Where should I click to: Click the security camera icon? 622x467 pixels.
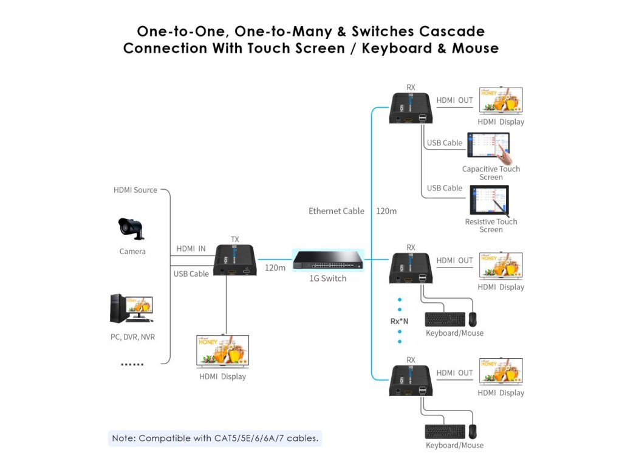tap(131, 229)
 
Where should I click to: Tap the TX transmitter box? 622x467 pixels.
tap(235, 260)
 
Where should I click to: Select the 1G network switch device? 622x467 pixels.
tap(328, 260)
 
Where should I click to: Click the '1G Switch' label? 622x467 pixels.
tap(328, 278)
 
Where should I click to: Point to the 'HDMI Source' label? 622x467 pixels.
tap(135, 190)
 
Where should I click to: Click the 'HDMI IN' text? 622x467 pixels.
tap(191, 249)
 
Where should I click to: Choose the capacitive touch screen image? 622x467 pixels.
tap(488, 147)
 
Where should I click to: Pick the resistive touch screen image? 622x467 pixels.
tap(488, 200)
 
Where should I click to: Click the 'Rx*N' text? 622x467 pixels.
tap(399, 321)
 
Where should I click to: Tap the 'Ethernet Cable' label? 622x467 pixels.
tap(337, 211)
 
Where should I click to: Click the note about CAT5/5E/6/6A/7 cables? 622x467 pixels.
tap(215, 438)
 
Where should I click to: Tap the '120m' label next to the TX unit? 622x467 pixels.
tap(275, 268)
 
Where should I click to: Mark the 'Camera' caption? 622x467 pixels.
tap(132, 251)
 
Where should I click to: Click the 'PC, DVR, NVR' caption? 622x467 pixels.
tap(132, 336)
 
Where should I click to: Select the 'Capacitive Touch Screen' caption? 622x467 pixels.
tap(491, 173)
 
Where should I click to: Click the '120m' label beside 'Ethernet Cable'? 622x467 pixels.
tap(386, 211)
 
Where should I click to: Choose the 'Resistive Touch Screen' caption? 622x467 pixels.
tap(491, 226)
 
